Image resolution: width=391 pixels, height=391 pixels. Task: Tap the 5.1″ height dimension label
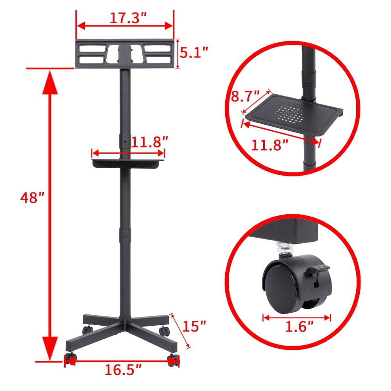194,52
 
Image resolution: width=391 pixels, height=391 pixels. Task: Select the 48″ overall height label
31,198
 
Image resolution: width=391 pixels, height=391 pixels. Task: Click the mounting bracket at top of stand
125,54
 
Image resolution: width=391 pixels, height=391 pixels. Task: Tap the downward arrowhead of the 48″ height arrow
50,348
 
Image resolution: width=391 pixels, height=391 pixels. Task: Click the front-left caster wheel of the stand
70,359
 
